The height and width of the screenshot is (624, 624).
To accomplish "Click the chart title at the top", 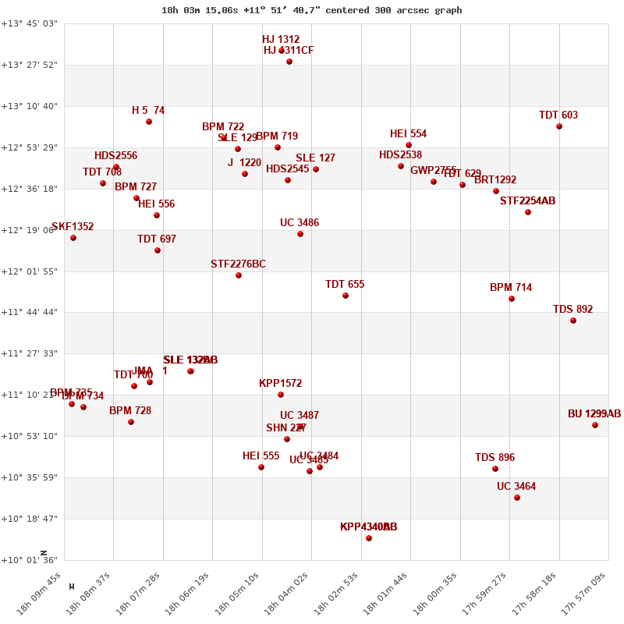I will pyautogui.click(x=311, y=10).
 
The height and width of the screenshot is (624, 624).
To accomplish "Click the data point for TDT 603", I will pyautogui.click(x=559, y=126).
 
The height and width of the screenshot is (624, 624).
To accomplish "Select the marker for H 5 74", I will pyautogui.click(x=149, y=122).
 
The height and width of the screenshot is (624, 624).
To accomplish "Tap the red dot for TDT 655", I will pyautogui.click(x=346, y=296).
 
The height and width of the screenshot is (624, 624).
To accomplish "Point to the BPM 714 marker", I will pyautogui.click(x=512, y=299).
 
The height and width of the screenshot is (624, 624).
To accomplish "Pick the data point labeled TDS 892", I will pyautogui.click(x=573, y=321).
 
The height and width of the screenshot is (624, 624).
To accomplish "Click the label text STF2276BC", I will pyautogui.click(x=238, y=264).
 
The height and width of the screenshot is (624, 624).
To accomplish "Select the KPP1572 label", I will pyautogui.click(x=280, y=384).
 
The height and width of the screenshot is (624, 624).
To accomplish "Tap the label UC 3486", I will pyautogui.click(x=300, y=223).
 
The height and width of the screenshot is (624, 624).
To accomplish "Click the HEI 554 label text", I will pyautogui.click(x=408, y=134).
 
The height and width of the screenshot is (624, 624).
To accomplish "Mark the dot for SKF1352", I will pyautogui.click(x=73, y=238).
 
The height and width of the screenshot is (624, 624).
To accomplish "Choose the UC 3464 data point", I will pyautogui.click(x=517, y=498).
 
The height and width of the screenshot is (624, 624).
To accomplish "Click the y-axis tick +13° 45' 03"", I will pyautogui.click(x=30, y=23).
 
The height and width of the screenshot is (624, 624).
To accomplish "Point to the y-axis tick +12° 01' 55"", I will pyautogui.click(x=30, y=271).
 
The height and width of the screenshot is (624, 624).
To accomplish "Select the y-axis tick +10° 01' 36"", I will pyautogui.click(x=30, y=560).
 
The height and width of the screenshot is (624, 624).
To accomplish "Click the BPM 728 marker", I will pyautogui.click(x=131, y=422).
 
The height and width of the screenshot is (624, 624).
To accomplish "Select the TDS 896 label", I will pyautogui.click(x=495, y=458).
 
